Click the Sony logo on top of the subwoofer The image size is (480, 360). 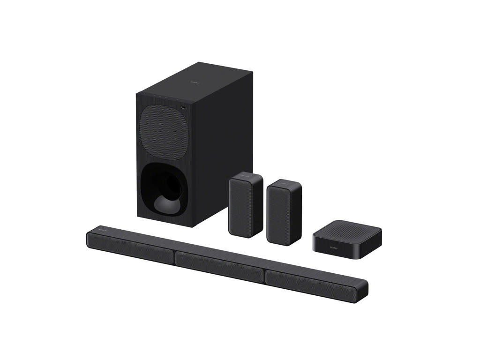(194, 82)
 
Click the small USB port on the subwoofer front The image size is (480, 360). (183, 109)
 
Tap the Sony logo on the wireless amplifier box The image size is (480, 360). (333, 247)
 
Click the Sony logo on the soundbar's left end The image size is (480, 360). (102, 231)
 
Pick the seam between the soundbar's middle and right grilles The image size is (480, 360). (264, 276)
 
